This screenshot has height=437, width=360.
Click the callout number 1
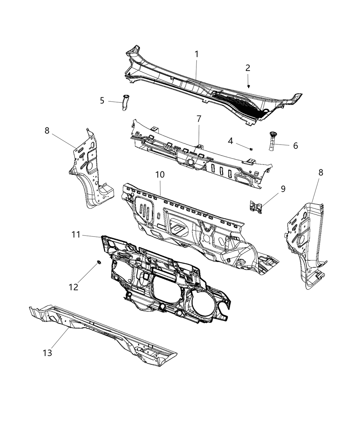pyautogui.click(x=197, y=54)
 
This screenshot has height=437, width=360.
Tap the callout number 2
pyautogui.click(x=248, y=68)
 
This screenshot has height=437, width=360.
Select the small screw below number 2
pyautogui.click(x=248, y=86)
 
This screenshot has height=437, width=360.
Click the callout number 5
pyautogui.click(x=102, y=101)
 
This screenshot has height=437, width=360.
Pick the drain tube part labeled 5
pyautogui.click(x=124, y=102)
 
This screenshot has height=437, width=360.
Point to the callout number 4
pyautogui.click(x=240, y=141)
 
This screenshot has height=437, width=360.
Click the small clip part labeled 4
pyautogui.click(x=252, y=148)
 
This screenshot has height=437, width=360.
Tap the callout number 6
pyautogui.click(x=295, y=146)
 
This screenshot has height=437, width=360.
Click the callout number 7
pyautogui.click(x=199, y=119)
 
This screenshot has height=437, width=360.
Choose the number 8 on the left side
pyautogui.click(x=47, y=130)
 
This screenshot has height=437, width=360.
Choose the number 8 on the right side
pyautogui.click(x=321, y=172)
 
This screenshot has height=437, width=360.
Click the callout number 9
pyautogui.click(x=283, y=189)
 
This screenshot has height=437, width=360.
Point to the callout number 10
pyautogui.click(x=160, y=174)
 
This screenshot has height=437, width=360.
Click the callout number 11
pyautogui.click(x=76, y=234)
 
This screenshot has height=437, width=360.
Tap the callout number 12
pyautogui.click(x=73, y=287)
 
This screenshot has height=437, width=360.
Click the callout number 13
pyautogui.click(x=47, y=353)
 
